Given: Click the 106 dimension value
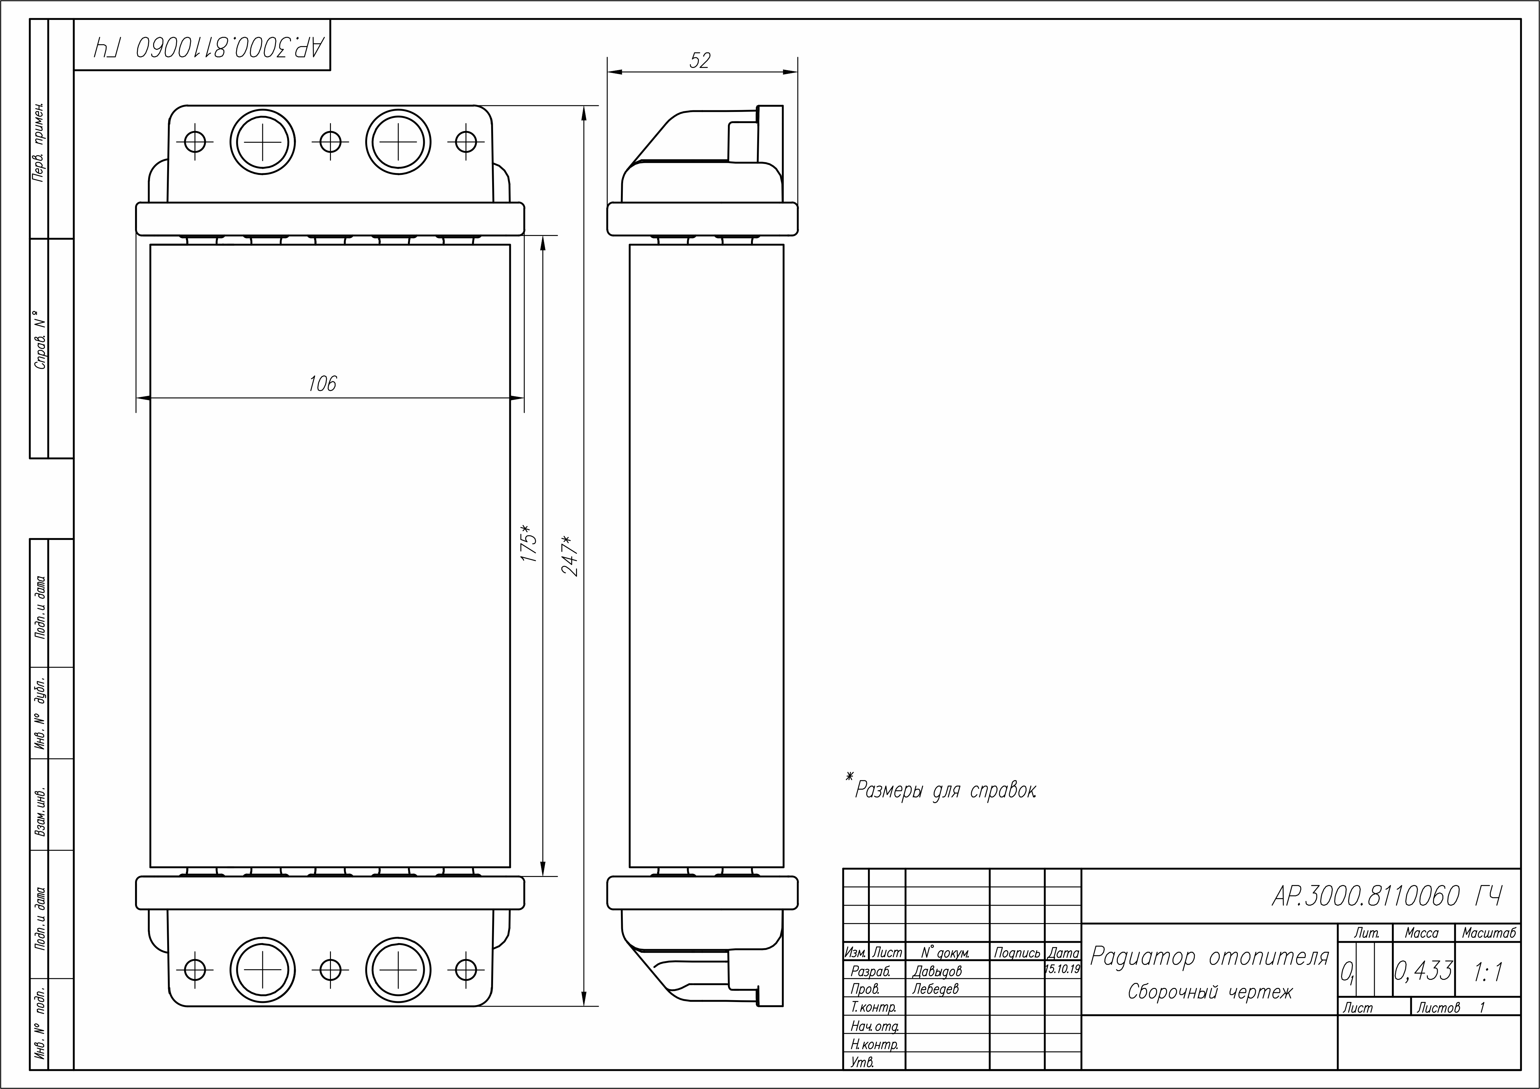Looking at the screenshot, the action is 322,383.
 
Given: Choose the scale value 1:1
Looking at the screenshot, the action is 1488,972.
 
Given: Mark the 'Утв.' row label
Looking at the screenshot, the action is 862,1062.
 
